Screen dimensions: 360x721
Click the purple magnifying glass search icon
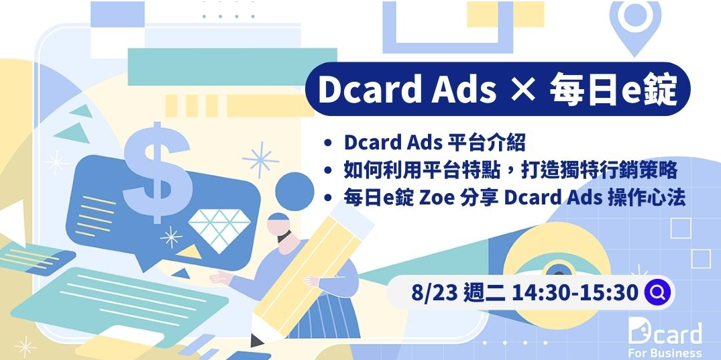657,292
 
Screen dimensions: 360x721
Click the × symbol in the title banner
523,90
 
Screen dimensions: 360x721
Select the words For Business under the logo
665,353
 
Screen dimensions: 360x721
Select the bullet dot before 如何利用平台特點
327,171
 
